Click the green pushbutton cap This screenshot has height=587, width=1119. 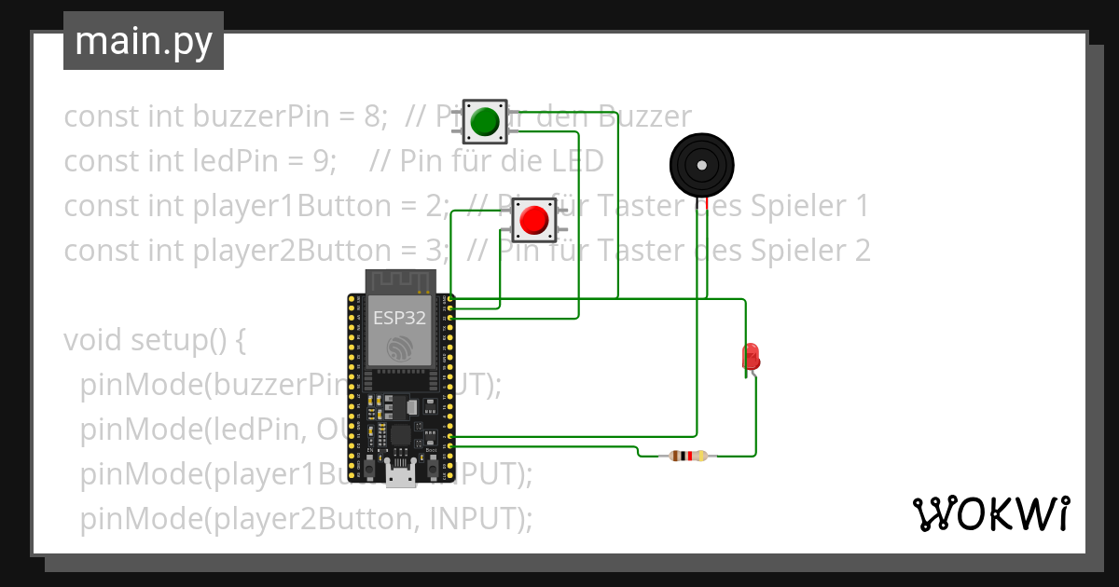click(484, 121)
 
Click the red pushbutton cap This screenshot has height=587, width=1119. click(533, 220)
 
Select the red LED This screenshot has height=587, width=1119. click(750, 356)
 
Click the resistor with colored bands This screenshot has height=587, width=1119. click(688, 456)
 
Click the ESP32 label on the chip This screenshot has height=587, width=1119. click(400, 318)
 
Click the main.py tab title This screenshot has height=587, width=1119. click(144, 41)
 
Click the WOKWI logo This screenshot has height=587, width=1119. click(990, 513)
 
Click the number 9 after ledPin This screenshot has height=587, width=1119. click(327, 161)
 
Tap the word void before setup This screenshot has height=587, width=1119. click(91, 340)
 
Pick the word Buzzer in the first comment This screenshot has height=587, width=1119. click(644, 116)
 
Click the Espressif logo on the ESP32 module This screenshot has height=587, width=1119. click(400, 348)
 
